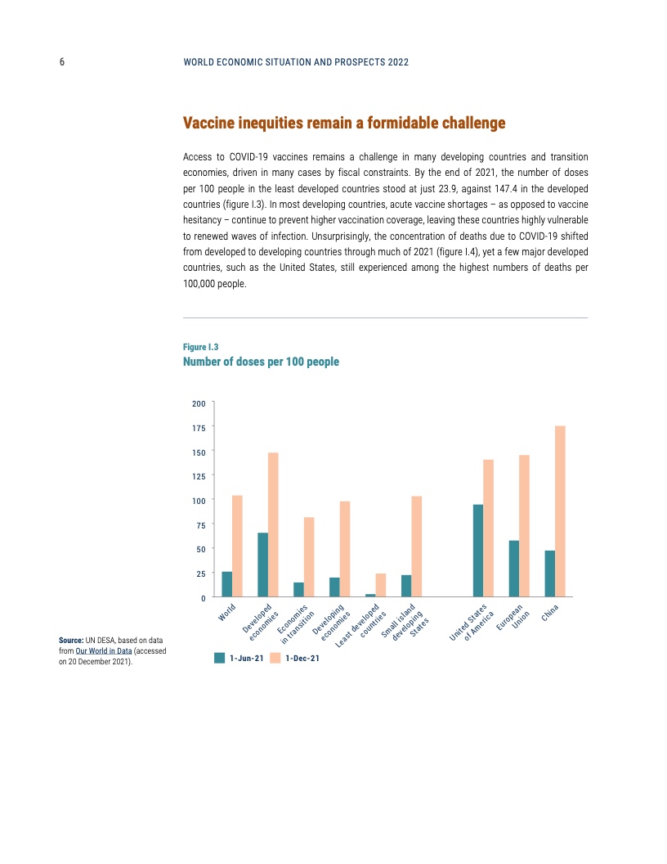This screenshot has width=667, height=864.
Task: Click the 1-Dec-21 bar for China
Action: coord(560,511)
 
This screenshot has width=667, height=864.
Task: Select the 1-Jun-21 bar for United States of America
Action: coord(478,551)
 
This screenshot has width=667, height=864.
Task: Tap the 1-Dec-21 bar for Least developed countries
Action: coord(380,585)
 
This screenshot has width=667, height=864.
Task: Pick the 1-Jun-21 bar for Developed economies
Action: coord(262,565)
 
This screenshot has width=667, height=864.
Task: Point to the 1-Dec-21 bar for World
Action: coord(237,546)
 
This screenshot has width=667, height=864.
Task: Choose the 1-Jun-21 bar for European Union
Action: coord(514,568)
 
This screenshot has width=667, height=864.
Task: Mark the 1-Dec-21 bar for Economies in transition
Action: coord(309,556)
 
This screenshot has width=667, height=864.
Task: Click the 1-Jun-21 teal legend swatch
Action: coord(219,657)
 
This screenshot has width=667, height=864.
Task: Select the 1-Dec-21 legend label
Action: coord(302,658)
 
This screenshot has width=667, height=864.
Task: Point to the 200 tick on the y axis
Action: coord(199,403)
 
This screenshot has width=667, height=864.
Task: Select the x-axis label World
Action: coord(227,611)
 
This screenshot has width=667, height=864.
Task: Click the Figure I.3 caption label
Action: coord(200,347)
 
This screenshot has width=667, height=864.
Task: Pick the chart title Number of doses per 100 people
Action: coord(261,362)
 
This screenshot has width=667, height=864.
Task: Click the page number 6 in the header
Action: coord(62,62)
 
